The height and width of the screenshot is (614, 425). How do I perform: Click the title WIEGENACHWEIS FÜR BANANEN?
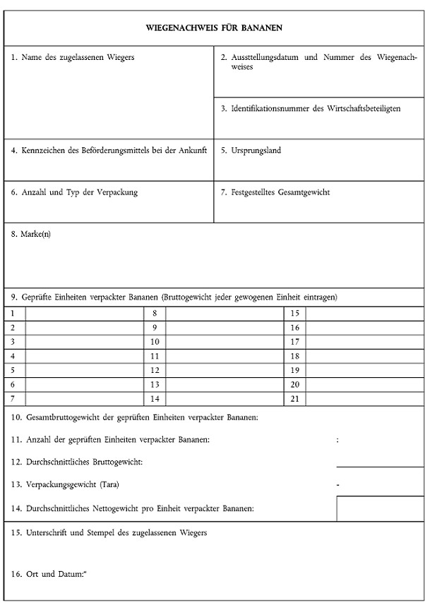click(x=214, y=27)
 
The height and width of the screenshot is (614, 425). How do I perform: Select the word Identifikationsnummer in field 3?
click(x=270, y=109)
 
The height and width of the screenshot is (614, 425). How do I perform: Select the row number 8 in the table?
click(x=155, y=313)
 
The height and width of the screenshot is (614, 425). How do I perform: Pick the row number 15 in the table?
click(x=295, y=313)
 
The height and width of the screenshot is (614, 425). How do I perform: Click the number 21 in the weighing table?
click(x=295, y=399)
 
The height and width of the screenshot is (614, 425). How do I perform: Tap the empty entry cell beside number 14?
click(x=225, y=399)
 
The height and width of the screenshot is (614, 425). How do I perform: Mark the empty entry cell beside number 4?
click(x=84, y=356)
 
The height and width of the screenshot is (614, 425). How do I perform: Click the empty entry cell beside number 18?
click(x=364, y=356)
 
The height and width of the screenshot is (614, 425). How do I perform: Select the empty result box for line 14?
click(x=380, y=508)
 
